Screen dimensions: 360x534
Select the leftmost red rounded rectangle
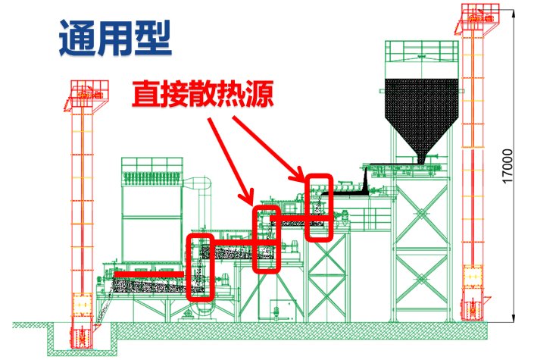[201, 267]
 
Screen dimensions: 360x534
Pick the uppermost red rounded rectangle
[319, 207]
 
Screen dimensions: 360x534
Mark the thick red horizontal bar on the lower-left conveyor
[148, 272]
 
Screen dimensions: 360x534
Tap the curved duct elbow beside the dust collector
[198, 186]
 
